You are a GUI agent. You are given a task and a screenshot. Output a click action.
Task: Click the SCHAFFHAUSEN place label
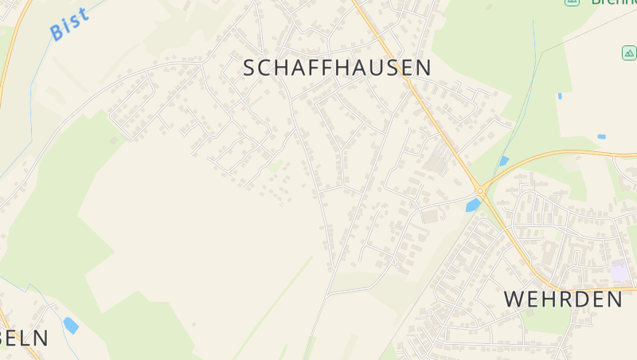[x=337, y=68]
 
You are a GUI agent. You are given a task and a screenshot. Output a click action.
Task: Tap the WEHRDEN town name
[x=563, y=299]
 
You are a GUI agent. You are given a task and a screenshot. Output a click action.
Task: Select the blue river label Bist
[x=68, y=24]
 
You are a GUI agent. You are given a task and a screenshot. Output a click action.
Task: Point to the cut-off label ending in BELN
[x=24, y=338]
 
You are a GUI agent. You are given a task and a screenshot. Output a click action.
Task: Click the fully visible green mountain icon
[x=629, y=53]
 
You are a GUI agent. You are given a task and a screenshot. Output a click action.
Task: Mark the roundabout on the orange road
[x=480, y=190]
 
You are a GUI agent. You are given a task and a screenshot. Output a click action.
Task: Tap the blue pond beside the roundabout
[x=473, y=205]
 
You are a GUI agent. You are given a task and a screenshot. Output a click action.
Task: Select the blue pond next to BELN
[x=71, y=325]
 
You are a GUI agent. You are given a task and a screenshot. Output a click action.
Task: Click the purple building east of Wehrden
[x=619, y=273]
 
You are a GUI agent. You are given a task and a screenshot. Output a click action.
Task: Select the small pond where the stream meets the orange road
[x=503, y=161]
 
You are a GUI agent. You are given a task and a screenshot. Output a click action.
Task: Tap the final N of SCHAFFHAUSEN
[x=423, y=68]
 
